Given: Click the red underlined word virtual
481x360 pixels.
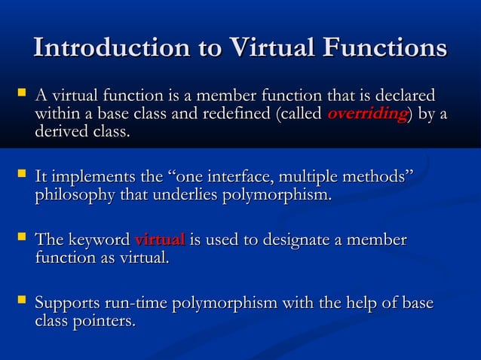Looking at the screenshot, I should click(x=159, y=240).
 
